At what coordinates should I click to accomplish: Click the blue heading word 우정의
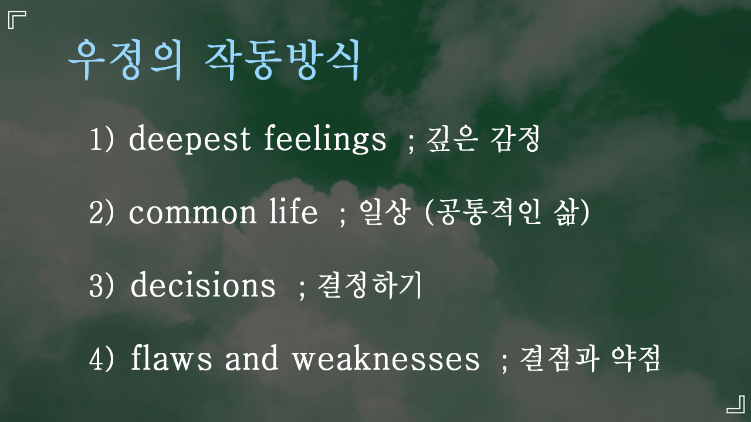click(x=126, y=60)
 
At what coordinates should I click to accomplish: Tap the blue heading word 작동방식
click(x=282, y=60)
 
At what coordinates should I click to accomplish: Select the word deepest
click(x=190, y=139)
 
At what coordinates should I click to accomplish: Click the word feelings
click(x=325, y=139)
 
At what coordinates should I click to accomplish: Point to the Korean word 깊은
click(x=452, y=139)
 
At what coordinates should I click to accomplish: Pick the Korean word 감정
click(x=515, y=139)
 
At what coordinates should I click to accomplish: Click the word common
click(x=192, y=212)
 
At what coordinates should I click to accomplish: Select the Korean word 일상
click(x=385, y=212)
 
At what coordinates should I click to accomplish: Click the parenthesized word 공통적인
click(x=489, y=212)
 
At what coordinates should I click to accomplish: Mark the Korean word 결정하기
click(x=369, y=285)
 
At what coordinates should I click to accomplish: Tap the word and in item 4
click(x=252, y=357)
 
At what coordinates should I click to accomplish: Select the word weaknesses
click(x=386, y=357)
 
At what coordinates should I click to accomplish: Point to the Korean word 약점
click(x=635, y=358)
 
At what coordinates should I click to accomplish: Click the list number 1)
click(x=102, y=139)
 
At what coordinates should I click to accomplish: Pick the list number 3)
click(x=102, y=285)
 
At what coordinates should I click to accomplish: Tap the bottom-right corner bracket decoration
click(x=736, y=404)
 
